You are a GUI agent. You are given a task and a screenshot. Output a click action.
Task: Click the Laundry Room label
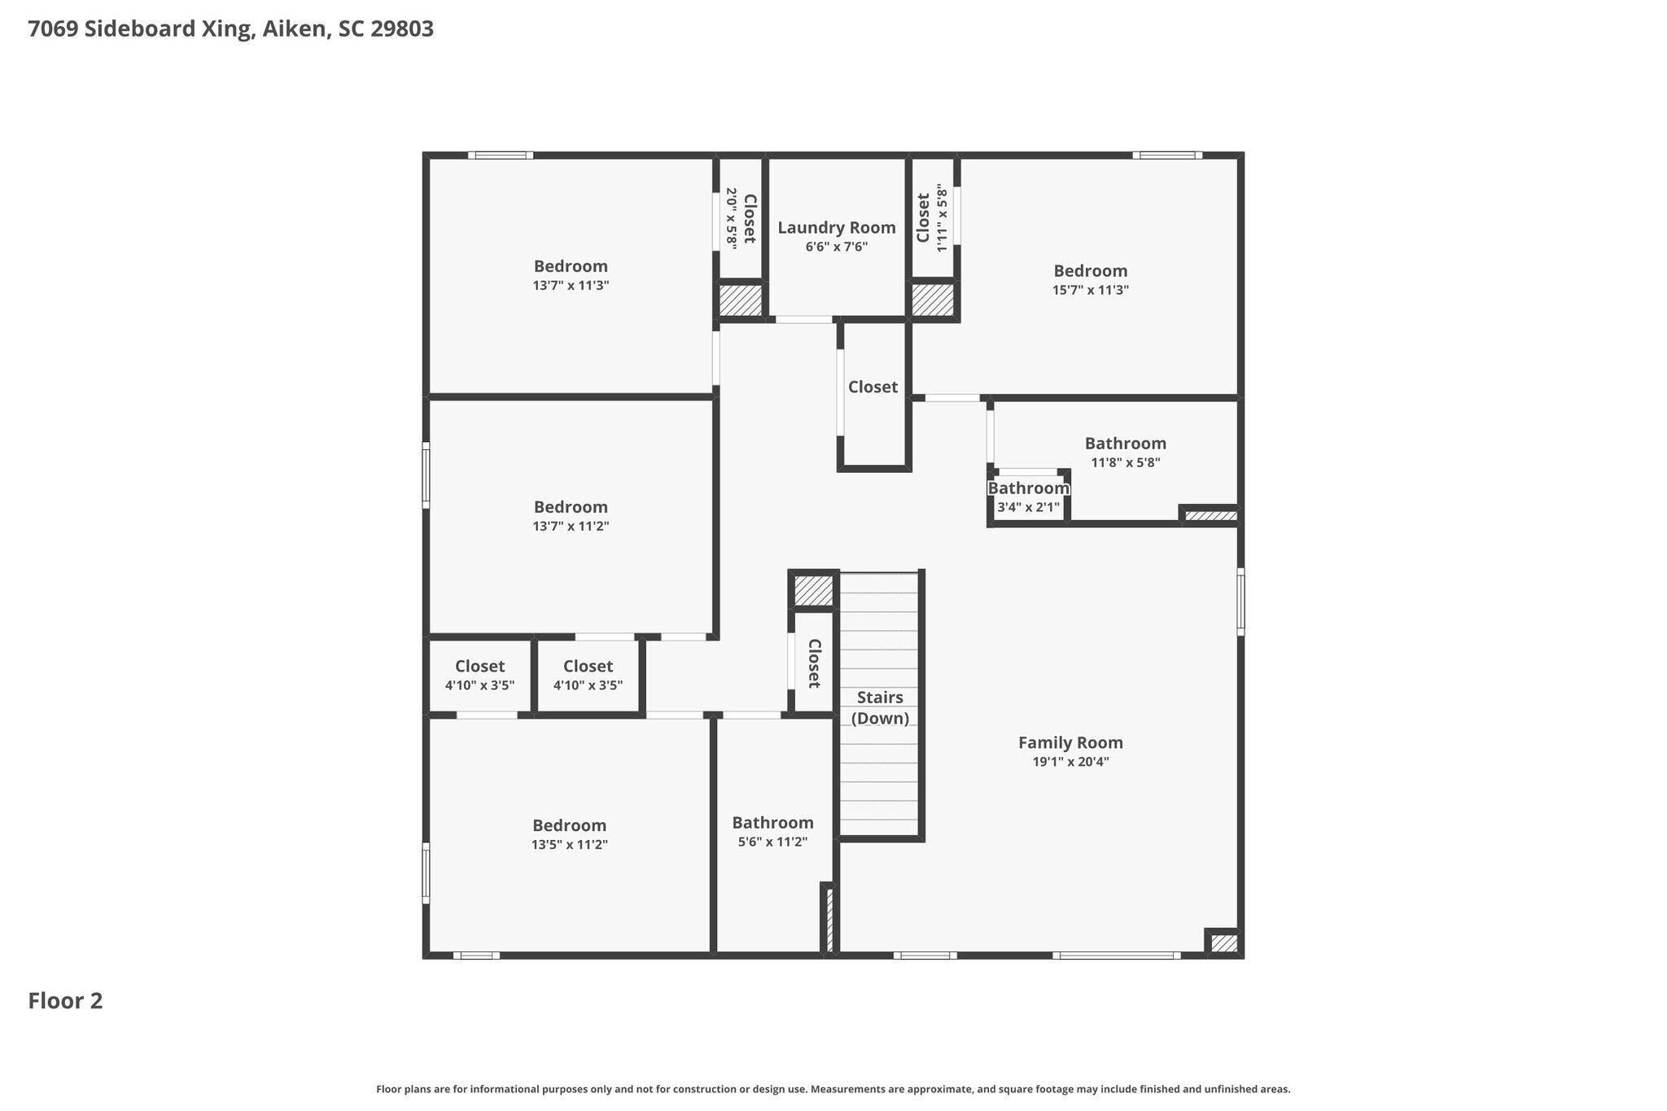[x=837, y=228]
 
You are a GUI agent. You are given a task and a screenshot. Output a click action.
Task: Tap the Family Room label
[x=1070, y=742]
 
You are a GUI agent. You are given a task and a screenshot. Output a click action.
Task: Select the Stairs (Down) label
[x=880, y=708]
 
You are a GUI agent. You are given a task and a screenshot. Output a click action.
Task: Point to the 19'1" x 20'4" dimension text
[x=1070, y=762]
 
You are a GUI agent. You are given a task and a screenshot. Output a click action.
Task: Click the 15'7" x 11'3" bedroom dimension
[x=1091, y=290]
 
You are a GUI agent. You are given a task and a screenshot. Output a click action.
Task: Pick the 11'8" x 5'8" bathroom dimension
[x=1126, y=462]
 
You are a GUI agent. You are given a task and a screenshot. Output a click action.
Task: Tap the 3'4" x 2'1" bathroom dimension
[x=1028, y=507]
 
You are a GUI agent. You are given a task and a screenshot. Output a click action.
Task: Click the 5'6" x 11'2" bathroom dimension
[x=772, y=842]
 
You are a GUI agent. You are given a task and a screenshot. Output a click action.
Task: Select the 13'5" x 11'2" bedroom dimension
[x=570, y=845]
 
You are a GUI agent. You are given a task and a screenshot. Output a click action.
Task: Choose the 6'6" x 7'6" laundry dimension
[x=837, y=247]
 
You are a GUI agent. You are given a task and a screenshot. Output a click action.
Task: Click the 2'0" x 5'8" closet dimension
[x=731, y=218]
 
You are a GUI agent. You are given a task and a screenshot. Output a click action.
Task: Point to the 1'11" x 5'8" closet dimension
[x=943, y=218]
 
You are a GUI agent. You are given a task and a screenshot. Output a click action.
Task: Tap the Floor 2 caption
[x=65, y=1000]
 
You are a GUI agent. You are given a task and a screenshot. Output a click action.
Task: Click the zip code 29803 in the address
[x=402, y=29]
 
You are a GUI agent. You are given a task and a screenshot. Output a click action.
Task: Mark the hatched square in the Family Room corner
[x=1223, y=943]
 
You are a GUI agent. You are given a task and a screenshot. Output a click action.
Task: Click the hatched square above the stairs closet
[x=814, y=590]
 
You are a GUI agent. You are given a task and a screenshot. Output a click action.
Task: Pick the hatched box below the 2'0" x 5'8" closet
[x=740, y=300]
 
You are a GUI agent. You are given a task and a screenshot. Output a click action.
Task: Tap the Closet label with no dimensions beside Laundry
[x=873, y=387]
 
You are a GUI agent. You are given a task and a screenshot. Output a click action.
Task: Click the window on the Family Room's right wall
[x=1240, y=601]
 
